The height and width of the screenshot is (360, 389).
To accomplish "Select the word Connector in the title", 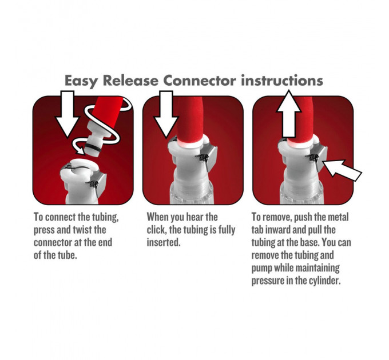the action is point(200,81).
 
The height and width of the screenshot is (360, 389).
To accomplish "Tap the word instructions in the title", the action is point(282,80).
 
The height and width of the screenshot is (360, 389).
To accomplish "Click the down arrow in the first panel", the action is point(68,114).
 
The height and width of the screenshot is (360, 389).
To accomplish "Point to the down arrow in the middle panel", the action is point(166,114).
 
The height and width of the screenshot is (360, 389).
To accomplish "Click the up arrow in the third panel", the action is point(289,114).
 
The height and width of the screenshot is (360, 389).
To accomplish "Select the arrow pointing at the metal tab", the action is point(342,170).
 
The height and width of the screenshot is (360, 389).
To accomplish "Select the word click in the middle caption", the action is point(156,230).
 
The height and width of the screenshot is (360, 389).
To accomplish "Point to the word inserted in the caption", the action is point(164,242).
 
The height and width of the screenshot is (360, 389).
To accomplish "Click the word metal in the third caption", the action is point(339,217).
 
